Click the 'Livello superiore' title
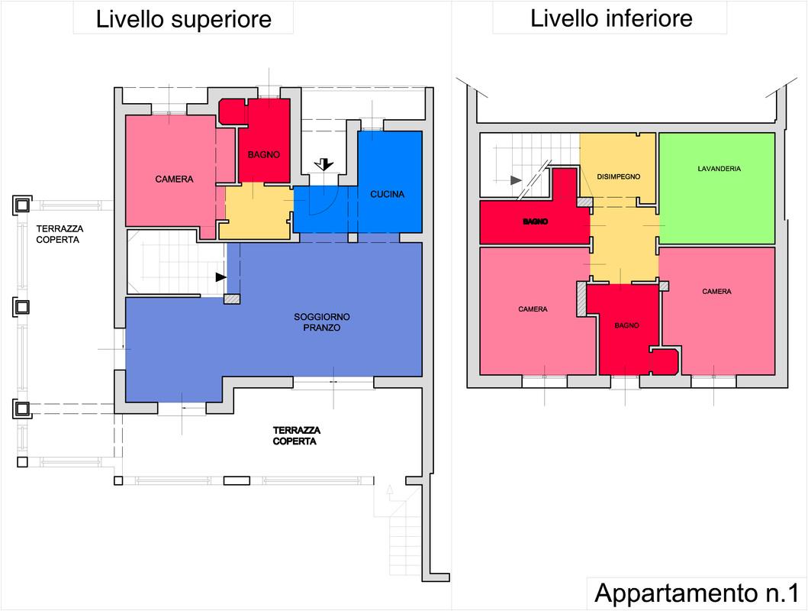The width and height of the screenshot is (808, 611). pos(183,20)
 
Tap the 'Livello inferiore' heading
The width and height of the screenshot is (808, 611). pos(611,18)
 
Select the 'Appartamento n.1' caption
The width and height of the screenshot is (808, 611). pos(696,593)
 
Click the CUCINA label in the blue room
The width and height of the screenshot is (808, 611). pos(387,195)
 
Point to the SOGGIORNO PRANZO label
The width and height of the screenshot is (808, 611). pos(321,322)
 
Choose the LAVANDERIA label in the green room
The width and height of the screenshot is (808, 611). pos(719,169)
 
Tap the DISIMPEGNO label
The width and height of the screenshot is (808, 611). pos(618,176)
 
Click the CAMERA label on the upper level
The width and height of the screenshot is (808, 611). pos(174,179)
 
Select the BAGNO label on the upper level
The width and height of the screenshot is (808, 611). pos(263,155)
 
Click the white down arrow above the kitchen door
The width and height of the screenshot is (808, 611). pos(324,164)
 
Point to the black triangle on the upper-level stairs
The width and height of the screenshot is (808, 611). pos(221,277)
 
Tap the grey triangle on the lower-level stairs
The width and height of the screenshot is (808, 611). pos(515,180)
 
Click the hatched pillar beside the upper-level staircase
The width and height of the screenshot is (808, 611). pos(232,299)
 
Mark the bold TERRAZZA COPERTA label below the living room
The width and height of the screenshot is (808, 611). pos(296,435)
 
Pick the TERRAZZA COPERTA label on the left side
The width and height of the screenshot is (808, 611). pos(60,234)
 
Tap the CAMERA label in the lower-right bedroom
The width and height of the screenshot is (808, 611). pos(716,292)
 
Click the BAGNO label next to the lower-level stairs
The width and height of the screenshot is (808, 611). pos(536,221)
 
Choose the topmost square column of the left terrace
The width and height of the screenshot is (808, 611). pos(22,205)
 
